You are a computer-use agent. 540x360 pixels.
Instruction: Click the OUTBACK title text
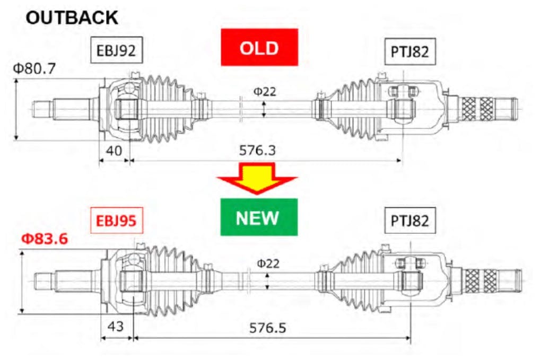tap(72, 17)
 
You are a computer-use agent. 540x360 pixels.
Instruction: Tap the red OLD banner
tap(259, 48)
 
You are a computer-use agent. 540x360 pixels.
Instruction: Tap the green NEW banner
tap(259, 217)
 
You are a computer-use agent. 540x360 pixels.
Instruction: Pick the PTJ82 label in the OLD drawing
tap(409, 52)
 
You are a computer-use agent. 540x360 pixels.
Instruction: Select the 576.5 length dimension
tap(267, 327)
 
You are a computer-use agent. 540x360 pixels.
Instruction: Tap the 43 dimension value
tap(116, 326)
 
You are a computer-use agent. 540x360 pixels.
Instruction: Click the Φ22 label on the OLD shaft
tap(264, 91)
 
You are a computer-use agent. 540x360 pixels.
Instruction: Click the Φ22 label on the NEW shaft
tap(268, 262)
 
